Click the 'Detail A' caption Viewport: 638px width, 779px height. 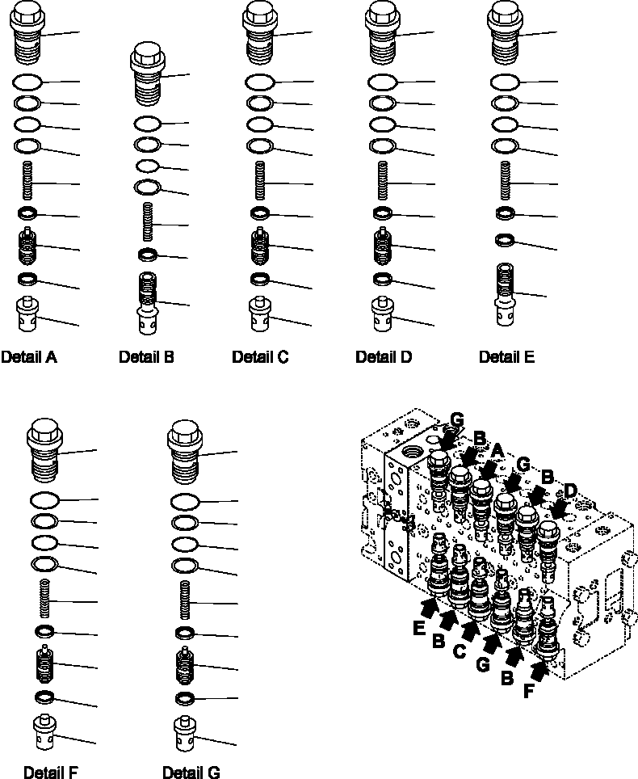coord(29,356)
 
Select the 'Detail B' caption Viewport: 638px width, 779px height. coord(146,356)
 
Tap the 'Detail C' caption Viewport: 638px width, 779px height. coord(260,356)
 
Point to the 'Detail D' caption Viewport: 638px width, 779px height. coord(384,356)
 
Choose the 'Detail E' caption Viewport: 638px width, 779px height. coord(506,356)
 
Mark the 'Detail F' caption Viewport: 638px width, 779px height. coord(52,772)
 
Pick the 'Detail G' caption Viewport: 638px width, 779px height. coord(191,772)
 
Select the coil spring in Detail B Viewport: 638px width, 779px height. coord(148,221)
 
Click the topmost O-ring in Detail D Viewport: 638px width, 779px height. coord(382,82)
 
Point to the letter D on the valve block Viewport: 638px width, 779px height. coord(569,490)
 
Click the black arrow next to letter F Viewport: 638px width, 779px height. coord(538,667)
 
